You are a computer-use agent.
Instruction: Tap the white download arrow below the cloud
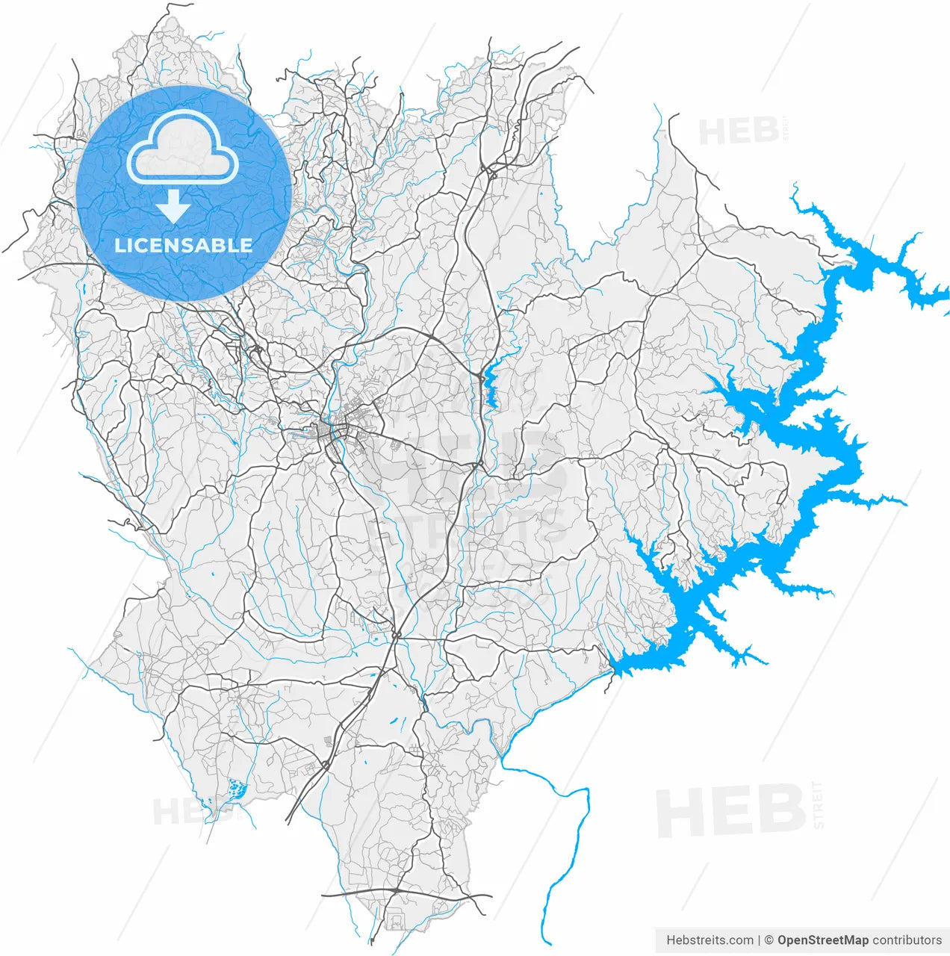coord(174,206)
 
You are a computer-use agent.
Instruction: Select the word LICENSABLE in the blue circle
coord(183,245)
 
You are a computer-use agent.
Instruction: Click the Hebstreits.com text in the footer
coord(710,940)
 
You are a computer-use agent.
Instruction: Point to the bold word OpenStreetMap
coord(823,940)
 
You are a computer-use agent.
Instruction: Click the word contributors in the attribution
coord(907,940)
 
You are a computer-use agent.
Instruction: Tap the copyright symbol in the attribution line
coord(769,940)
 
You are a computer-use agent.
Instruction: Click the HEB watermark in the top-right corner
coord(739,131)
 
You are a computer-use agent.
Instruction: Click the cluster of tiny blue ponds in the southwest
coord(237,788)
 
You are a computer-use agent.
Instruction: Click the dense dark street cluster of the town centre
coord(329,430)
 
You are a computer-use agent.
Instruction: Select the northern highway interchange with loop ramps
coord(491,173)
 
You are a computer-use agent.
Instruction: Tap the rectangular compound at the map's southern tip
coord(394,919)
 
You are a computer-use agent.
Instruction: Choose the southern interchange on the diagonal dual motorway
coord(326,764)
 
